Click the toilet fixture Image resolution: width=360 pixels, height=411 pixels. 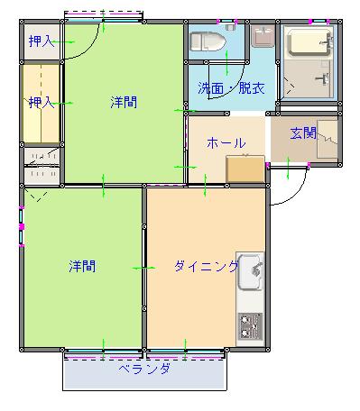click(208, 41)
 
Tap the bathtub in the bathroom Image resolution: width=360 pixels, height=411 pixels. click(309, 42)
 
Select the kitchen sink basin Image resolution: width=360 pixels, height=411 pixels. click(251, 272)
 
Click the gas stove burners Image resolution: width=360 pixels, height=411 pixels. click(250, 326)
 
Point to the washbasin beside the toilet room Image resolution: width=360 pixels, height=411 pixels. click(263, 35)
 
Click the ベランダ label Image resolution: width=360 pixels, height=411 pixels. click(144, 369)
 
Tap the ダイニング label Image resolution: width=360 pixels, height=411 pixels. click(206, 266)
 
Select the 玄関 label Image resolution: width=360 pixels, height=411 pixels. click(303, 132)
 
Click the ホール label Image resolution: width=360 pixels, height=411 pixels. click(226, 142)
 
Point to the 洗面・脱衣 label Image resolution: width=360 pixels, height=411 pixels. click(231, 88)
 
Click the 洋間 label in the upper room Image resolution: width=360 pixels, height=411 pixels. click(124, 103)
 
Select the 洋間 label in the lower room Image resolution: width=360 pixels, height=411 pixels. click(82, 266)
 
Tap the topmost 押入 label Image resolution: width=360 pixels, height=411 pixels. click(42, 41)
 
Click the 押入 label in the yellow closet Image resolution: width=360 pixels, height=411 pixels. click(42, 103)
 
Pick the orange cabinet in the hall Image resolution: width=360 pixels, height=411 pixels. click(245, 169)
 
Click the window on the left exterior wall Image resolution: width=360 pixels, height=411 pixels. click(21, 226)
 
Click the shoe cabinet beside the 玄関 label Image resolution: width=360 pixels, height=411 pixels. click(328, 140)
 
